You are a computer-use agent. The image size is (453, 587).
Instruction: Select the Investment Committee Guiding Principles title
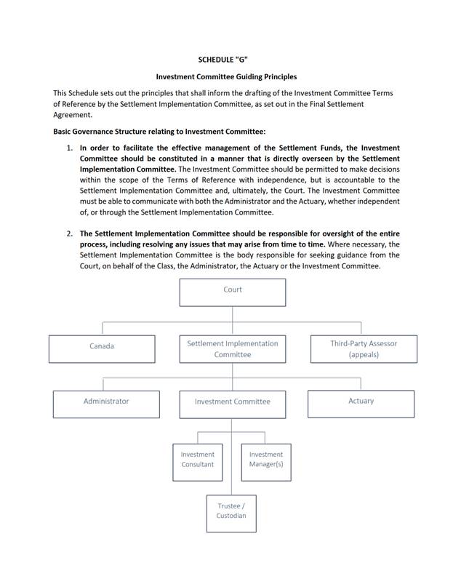click(x=227, y=76)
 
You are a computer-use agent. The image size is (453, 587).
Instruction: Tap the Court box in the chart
click(x=233, y=292)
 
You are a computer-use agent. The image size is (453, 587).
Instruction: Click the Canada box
click(x=102, y=348)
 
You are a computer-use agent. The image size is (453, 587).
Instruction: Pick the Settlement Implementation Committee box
click(x=233, y=348)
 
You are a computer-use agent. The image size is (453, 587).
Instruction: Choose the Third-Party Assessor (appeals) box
click(x=364, y=348)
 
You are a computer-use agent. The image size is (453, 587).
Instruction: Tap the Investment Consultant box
click(x=198, y=461)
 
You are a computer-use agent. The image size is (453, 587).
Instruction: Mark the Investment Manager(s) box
click(x=266, y=461)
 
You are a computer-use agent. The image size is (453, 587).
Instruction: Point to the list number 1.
click(x=70, y=148)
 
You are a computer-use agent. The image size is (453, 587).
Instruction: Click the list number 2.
click(x=70, y=234)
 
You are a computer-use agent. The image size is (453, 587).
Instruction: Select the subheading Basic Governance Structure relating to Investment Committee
click(x=160, y=132)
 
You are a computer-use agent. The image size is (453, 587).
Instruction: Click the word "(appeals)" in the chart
click(x=364, y=354)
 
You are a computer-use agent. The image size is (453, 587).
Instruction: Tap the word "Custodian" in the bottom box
click(x=231, y=516)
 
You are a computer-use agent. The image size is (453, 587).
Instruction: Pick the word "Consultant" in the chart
click(x=198, y=465)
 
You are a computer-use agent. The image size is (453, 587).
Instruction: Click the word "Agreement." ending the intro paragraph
click(x=73, y=114)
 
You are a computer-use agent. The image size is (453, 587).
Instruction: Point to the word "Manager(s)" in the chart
click(x=266, y=465)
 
